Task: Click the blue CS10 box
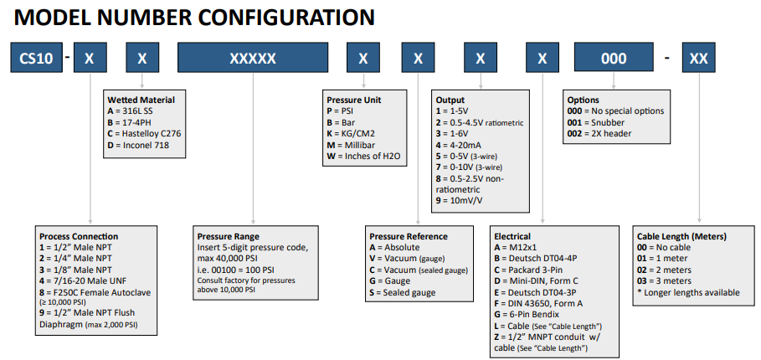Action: point(36,59)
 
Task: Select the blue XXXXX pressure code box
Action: point(253,59)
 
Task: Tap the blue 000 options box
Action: point(614,59)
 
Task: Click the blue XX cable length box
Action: point(699,59)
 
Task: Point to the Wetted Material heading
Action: point(141,100)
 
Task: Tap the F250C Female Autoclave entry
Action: point(95,292)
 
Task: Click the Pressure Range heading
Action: point(228,236)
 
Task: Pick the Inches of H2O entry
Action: point(362,156)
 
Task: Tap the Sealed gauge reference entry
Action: point(403,292)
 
